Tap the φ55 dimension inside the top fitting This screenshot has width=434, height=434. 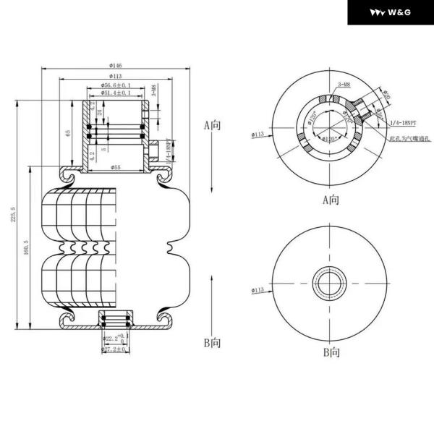116,168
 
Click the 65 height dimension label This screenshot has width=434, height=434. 68,135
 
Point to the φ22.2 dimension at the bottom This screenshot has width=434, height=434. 114,338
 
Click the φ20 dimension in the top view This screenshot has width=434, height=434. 386,95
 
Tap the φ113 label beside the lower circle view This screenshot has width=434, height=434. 258,290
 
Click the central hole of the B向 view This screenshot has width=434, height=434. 330,281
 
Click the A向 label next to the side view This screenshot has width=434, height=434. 211,125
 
